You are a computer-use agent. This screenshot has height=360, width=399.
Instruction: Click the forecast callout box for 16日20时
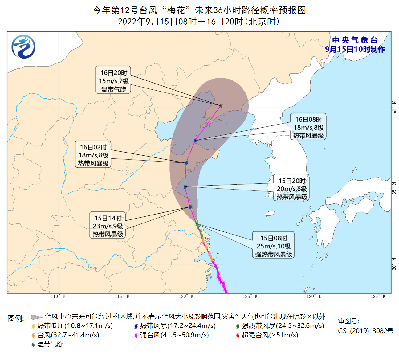click(x=113, y=81)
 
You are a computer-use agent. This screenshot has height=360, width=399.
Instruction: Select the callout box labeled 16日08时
click(x=308, y=127)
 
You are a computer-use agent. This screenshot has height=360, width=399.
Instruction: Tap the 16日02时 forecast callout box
click(x=93, y=155)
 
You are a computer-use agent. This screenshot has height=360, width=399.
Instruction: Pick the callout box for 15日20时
click(x=291, y=189)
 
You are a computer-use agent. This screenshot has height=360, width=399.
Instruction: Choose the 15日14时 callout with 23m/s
click(x=108, y=226)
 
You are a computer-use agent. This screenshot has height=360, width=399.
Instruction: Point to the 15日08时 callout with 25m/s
click(x=274, y=246)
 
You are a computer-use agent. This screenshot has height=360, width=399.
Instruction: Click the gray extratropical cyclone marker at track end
click(x=221, y=106)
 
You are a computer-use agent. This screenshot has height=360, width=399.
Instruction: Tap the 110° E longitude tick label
click(x=58, y=297)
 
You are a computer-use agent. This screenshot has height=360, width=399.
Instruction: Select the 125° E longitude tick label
click(x=250, y=297)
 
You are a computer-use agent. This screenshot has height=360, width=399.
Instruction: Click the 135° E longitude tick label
click(x=378, y=297)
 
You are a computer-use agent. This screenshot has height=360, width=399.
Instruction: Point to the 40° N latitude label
click(x=394, y=107)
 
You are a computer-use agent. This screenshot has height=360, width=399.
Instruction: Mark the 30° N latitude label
click(x=394, y=264)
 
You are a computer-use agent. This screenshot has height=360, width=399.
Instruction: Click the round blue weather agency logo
click(x=23, y=47)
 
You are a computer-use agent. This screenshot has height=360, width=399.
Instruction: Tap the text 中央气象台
click(x=355, y=40)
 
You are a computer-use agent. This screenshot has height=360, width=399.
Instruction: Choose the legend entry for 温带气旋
click(x=47, y=344)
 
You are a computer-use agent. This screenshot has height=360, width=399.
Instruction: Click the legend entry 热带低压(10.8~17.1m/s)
click(x=72, y=326)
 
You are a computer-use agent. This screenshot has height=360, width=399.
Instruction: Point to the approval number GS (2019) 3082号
click(x=365, y=331)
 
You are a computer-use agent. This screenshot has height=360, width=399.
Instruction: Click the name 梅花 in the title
click(x=176, y=10)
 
